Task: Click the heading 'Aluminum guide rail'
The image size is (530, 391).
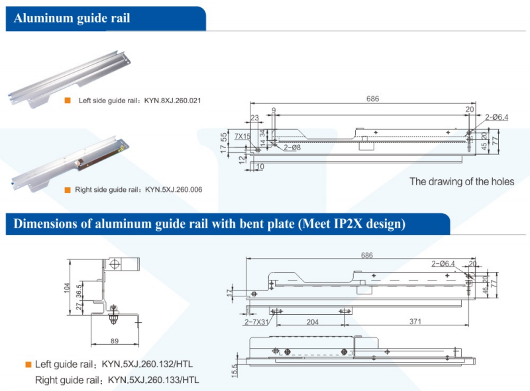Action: click(x=72, y=19)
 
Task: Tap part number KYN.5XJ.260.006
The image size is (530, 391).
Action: click(x=174, y=190)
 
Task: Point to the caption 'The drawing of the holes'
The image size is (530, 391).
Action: click(x=462, y=181)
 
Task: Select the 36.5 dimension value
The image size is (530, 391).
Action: click(x=79, y=292)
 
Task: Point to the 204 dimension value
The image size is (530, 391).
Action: click(x=313, y=322)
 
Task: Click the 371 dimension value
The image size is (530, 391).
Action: click(x=415, y=322)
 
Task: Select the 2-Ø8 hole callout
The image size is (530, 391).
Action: click(x=292, y=147)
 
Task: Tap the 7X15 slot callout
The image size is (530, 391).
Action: click(x=242, y=136)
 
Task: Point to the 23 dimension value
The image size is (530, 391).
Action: click(x=255, y=118)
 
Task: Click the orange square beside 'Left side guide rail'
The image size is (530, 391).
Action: click(x=67, y=101)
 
